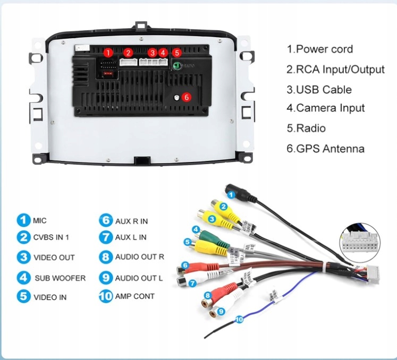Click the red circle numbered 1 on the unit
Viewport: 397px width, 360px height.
[x=108, y=53]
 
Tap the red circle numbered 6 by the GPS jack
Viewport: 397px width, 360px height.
[x=187, y=97]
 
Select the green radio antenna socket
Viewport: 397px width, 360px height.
[x=177, y=65]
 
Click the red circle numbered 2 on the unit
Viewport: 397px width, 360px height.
[x=128, y=53]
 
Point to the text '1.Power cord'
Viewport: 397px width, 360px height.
[x=319, y=49]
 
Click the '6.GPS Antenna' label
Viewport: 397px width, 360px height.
[x=325, y=149]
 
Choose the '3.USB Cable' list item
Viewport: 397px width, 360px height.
[x=319, y=90]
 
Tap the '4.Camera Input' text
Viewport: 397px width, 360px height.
[x=325, y=108]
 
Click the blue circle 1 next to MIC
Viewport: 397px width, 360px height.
[x=23, y=220]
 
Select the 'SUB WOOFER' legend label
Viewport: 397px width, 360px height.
[x=60, y=278]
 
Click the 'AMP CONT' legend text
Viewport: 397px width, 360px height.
[x=134, y=296]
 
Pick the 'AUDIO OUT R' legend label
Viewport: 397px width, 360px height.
[x=140, y=257]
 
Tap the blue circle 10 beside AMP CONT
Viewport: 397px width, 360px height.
[x=106, y=296]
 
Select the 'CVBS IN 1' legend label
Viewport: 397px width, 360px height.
[x=51, y=237]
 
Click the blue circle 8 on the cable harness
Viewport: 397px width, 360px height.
[x=208, y=295]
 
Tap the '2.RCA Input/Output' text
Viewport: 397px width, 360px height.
[x=335, y=70]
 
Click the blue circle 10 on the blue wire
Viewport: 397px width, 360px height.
[x=239, y=320]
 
